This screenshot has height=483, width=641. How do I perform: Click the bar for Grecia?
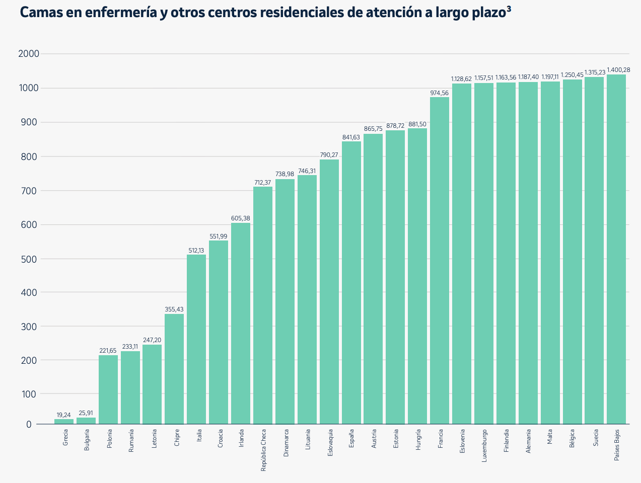tap(64, 422)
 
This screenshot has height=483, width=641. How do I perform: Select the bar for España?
tap(351, 282)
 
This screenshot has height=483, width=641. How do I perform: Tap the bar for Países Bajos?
tap(616, 249)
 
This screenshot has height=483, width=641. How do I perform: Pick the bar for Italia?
tap(196, 339)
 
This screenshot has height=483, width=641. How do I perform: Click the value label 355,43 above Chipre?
tap(174, 309)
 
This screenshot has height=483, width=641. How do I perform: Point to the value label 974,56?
tap(439, 93)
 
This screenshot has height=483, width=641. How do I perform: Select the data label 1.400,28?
tap(618, 70)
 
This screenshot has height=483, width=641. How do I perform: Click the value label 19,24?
tap(63, 415)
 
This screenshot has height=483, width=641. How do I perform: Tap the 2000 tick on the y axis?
tap(29, 54)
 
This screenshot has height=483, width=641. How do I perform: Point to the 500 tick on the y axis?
tap(30, 259)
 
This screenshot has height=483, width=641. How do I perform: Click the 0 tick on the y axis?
tap(29, 425)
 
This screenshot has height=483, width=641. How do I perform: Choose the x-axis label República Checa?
tap(263, 450)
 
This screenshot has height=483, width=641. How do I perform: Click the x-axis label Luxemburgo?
tap(484, 445)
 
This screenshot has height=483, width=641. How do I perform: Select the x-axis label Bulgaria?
tap(87, 439)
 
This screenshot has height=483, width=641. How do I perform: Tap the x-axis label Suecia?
tap(596, 438)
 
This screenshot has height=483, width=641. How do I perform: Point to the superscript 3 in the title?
tap(509, 9)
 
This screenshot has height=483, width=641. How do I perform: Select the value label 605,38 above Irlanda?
tap(241, 218)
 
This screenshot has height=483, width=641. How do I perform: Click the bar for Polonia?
tap(108, 389)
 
